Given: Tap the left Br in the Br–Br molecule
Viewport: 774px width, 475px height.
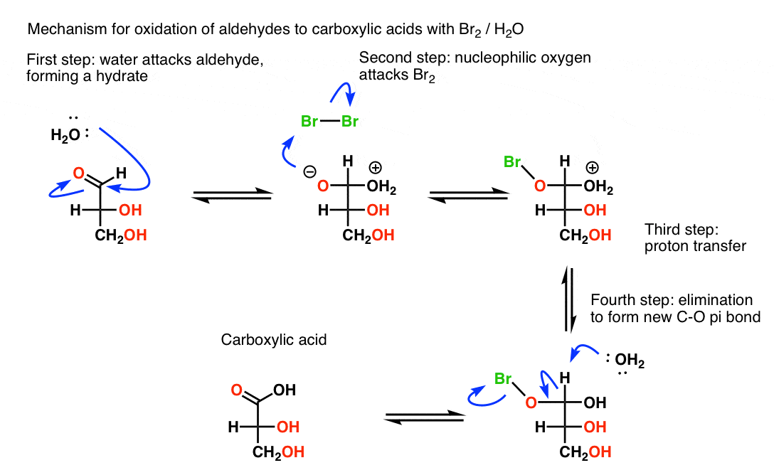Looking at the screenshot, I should tap(309, 122).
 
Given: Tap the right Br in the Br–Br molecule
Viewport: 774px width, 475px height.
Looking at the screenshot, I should tap(350, 122).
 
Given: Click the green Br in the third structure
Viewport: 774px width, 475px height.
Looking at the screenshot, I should tap(513, 163).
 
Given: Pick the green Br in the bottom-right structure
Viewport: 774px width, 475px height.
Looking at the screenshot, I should tap(504, 377).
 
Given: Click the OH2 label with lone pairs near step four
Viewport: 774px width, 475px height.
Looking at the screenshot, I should tap(630, 363).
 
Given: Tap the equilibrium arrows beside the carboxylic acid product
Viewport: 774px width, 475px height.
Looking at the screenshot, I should tap(424, 419).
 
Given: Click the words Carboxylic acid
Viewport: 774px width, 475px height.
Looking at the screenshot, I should tap(274, 340).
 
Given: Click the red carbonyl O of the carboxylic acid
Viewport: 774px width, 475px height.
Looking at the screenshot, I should tap(235, 390).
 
